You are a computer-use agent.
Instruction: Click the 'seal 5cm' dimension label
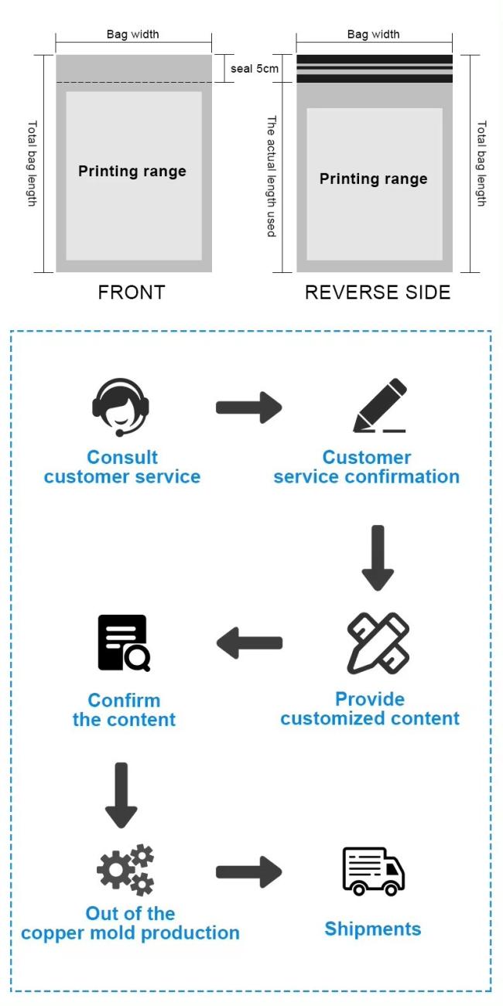click(x=255, y=69)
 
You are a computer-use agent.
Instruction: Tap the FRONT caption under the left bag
click(x=132, y=292)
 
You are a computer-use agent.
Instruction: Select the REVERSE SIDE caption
click(x=378, y=292)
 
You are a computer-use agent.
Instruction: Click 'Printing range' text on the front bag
click(x=132, y=171)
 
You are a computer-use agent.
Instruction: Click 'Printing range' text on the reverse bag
click(x=374, y=179)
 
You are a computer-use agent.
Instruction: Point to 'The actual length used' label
click(x=271, y=176)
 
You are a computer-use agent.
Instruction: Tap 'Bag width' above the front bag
click(x=132, y=34)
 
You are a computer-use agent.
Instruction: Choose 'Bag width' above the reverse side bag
click(x=374, y=34)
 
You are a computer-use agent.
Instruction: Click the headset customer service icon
click(x=121, y=407)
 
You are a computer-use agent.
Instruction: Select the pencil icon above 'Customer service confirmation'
click(x=380, y=405)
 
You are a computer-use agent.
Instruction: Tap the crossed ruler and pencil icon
click(x=378, y=643)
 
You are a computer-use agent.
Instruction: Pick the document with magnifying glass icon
click(x=124, y=643)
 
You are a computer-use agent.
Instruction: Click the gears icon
click(x=125, y=870)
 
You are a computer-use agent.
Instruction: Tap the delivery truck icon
click(x=374, y=871)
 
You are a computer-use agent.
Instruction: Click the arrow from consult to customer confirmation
click(x=249, y=408)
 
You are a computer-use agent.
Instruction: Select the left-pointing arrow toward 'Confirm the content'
click(x=249, y=643)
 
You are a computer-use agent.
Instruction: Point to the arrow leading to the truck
click(x=249, y=871)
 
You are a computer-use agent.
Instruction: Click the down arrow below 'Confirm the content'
click(x=121, y=795)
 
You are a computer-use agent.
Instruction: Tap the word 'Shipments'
click(x=373, y=929)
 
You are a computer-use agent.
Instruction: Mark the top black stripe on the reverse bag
click(x=375, y=60)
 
